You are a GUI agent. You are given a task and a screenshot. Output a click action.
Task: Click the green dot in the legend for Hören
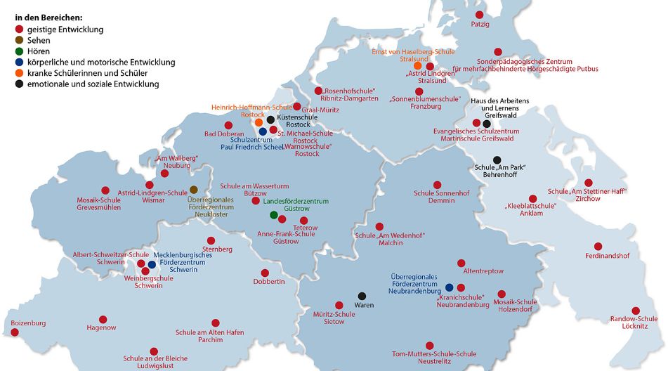pyautogui.click(x=19, y=51)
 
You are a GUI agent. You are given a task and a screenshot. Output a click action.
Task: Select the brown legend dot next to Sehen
pyautogui.click(x=19, y=41)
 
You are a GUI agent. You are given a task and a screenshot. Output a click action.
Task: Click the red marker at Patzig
pyautogui.click(x=480, y=14)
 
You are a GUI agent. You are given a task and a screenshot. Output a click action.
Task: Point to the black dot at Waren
pyautogui.click(x=362, y=296)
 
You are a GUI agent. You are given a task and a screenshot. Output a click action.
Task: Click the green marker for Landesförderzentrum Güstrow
pyautogui.click(x=274, y=214)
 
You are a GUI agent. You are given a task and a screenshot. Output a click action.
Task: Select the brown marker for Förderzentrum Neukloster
pyautogui.click(x=193, y=190)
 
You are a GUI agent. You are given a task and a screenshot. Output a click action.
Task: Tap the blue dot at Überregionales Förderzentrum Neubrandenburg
pyautogui.click(x=450, y=287)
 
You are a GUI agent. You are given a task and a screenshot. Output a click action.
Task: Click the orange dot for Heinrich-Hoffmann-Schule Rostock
pyautogui.click(x=258, y=122)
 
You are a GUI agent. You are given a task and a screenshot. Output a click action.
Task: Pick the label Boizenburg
pyautogui.click(x=28, y=323)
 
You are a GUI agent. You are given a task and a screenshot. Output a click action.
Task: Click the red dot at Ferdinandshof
pyautogui.click(x=598, y=246)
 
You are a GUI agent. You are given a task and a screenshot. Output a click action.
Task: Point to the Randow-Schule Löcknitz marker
pyautogui.click(x=635, y=310)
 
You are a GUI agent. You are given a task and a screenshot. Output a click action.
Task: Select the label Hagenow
pyautogui.click(x=101, y=328)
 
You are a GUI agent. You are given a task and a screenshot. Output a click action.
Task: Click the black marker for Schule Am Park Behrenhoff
pyautogui.click(x=497, y=160)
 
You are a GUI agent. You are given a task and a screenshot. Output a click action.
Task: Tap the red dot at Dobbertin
pyautogui.click(x=265, y=273)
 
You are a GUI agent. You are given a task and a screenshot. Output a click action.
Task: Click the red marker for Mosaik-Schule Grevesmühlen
pyautogui.click(x=105, y=190)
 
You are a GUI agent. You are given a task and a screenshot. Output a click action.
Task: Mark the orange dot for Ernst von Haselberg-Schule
pyautogui.click(x=417, y=66)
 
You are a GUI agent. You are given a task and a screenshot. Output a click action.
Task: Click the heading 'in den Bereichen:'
pyautogui.click(x=48, y=16)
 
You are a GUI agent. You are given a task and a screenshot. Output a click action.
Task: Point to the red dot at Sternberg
pyautogui.click(x=210, y=240)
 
